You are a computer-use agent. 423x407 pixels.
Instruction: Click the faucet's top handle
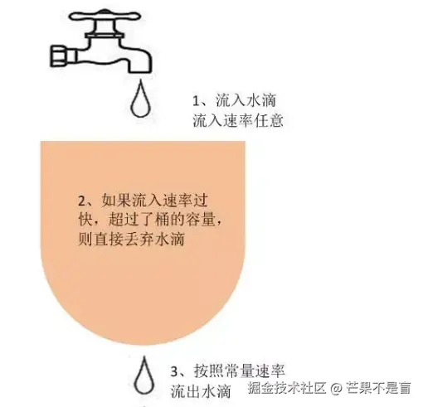(x=104, y=17)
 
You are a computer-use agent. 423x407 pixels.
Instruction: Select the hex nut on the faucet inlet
(x=60, y=56)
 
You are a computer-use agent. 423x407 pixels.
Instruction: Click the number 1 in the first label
(x=196, y=101)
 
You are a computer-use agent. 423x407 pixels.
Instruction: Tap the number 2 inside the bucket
(x=81, y=201)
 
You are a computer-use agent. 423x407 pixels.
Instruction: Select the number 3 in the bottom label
(x=174, y=371)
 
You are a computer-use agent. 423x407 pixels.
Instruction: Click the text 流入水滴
(x=246, y=100)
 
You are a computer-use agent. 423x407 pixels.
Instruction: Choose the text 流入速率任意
(x=238, y=120)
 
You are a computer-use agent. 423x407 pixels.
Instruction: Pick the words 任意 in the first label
(x=269, y=120)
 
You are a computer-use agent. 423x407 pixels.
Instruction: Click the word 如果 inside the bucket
(x=116, y=201)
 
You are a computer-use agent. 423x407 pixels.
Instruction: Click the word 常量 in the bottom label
(x=240, y=371)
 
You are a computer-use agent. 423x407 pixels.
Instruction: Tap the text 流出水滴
(x=201, y=391)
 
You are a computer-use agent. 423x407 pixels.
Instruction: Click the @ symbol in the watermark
(x=336, y=389)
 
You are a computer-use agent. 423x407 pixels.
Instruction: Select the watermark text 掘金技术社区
(x=286, y=389)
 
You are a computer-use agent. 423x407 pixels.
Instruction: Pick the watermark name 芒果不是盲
(x=378, y=389)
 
